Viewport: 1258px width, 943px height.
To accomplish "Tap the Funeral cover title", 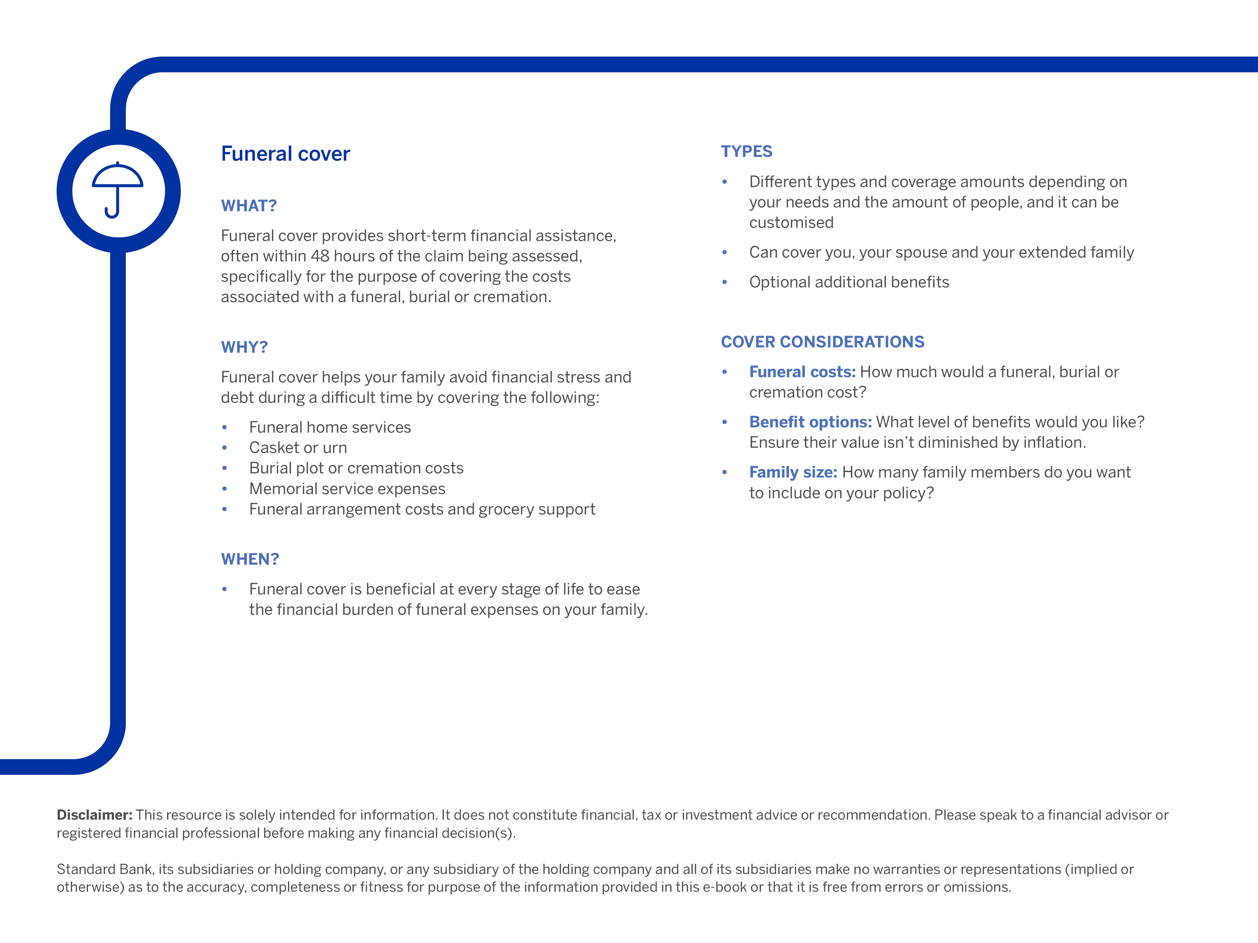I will click(285, 154).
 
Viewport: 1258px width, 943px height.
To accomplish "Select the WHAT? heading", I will click(248, 206).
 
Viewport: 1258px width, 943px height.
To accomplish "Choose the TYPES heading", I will click(746, 151).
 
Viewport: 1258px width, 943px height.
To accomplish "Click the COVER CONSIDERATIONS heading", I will click(822, 342).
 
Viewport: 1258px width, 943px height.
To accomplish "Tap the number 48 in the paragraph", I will click(320, 256).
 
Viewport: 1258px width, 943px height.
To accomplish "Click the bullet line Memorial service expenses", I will click(347, 489).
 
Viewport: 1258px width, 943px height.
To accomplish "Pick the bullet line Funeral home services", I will click(330, 427).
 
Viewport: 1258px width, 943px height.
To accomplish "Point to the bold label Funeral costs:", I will click(802, 372).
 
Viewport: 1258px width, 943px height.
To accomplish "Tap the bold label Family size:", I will click(793, 472).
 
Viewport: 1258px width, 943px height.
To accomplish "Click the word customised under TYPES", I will click(791, 223).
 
